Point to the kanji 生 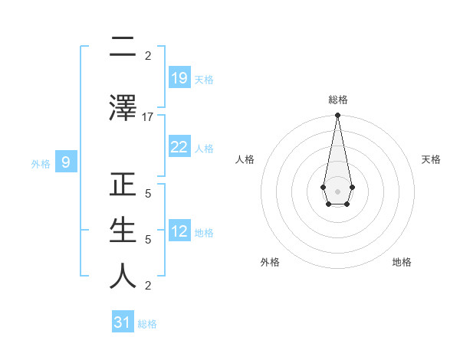(x=123, y=231)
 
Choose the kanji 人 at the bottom (x=123, y=277)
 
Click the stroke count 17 (x=148, y=117)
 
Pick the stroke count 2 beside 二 (x=148, y=56)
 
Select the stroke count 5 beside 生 (x=148, y=240)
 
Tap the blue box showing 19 (x=179, y=78)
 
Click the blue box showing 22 (x=179, y=147)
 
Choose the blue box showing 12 (x=179, y=231)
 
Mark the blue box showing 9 (x=67, y=162)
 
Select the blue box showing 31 (x=123, y=323)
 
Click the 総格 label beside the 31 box (x=147, y=324)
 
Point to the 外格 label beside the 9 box (x=41, y=163)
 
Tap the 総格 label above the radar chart (x=337, y=100)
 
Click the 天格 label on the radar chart (x=431, y=159)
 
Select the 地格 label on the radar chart (x=402, y=262)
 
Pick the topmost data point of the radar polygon (x=337, y=115)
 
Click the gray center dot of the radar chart (x=337, y=191)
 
